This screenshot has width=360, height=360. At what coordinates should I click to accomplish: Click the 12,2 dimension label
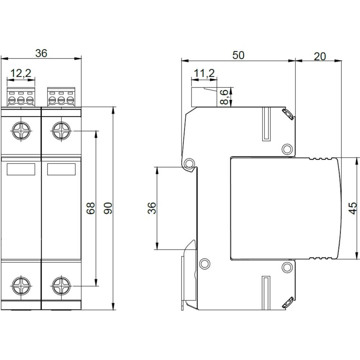21,73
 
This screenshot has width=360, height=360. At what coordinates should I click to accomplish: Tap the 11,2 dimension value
204,73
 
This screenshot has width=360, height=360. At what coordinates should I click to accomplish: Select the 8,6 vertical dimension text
224,97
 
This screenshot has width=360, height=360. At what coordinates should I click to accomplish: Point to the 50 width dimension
238,55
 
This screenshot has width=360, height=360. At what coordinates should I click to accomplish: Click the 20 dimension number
320,57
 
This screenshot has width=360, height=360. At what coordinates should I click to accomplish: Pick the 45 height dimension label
353,208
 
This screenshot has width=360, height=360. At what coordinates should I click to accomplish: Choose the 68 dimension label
91,208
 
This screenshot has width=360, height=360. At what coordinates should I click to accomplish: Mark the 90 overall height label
108,208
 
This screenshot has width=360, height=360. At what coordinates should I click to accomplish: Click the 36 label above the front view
41,53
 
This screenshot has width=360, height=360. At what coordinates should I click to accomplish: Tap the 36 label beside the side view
152,208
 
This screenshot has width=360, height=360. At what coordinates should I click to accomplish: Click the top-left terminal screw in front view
21,131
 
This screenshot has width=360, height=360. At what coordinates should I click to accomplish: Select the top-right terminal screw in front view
61,131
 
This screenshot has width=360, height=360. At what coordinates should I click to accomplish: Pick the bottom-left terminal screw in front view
21,286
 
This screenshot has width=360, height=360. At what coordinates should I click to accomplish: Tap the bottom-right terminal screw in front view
61,286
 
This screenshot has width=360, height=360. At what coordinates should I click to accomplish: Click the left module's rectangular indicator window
21,169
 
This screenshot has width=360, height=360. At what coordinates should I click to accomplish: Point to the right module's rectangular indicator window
61,169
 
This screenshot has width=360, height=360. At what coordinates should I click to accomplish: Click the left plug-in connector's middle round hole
21,100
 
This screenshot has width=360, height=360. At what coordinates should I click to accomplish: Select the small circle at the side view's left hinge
189,164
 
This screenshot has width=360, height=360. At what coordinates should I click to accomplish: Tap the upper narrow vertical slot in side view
266,124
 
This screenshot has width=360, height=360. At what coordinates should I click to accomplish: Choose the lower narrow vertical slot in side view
266,293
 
